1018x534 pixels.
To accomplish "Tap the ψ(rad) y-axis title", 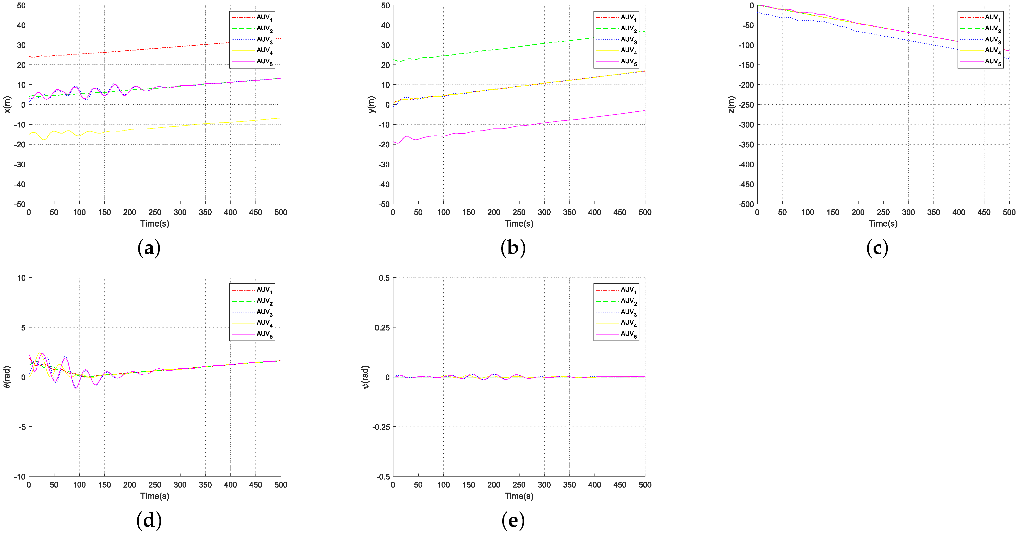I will click(x=366, y=377).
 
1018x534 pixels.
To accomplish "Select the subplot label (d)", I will click(x=149, y=520).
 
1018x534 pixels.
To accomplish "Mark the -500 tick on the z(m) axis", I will click(x=746, y=204).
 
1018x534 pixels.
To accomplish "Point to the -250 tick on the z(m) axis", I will click(x=746, y=105).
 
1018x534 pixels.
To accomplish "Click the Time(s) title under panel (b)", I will click(x=519, y=224).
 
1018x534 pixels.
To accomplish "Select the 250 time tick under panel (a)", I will click(x=154, y=212).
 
